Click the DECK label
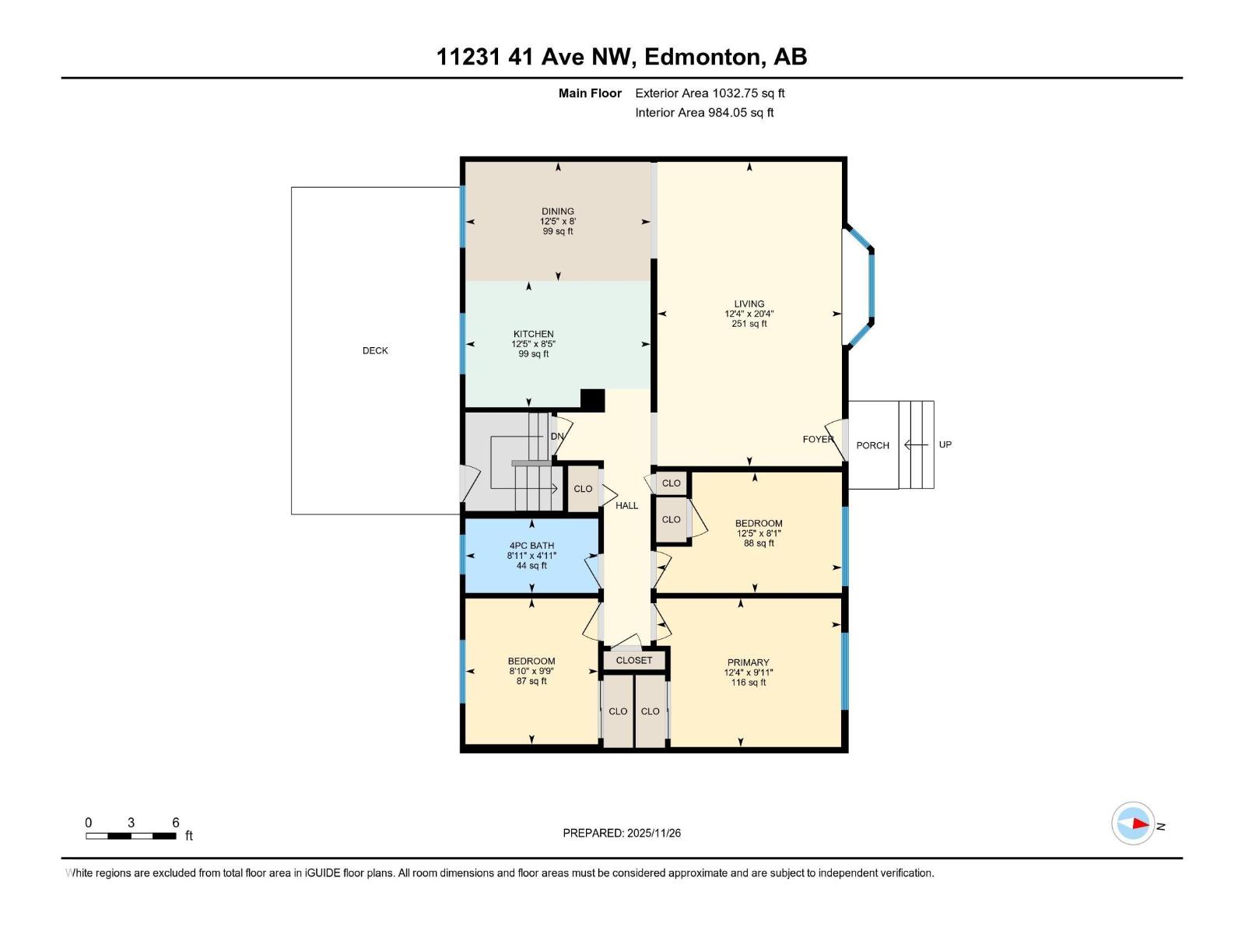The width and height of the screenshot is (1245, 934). click(x=375, y=351)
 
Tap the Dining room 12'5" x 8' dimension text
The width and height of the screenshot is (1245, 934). click(x=558, y=222)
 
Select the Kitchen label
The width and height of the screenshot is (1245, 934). click(x=533, y=334)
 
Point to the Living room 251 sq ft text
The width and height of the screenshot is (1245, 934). click(x=749, y=324)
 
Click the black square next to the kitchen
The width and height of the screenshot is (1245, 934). click(x=593, y=399)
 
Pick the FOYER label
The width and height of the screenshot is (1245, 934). click(x=817, y=440)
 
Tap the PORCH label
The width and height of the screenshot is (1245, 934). click(x=872, y=445)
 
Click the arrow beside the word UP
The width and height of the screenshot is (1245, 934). click(x=916, y=444)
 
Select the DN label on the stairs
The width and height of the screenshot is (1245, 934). click(x=557, y=437)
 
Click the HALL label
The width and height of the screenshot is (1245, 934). click(x=626, y=506)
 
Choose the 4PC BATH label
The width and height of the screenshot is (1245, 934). click(x=531, y=546)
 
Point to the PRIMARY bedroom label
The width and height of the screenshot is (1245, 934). click(x=748, y=663)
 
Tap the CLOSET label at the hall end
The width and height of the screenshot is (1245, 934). click(x=633, y=660)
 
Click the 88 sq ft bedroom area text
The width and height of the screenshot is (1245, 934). click(x=759, y=543)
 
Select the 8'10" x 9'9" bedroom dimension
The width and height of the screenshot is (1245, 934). click(x=531, y=671)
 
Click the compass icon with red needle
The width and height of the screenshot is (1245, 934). click(x=1132, y=823)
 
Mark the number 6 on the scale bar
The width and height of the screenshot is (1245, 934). click(x=176, y=823)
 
